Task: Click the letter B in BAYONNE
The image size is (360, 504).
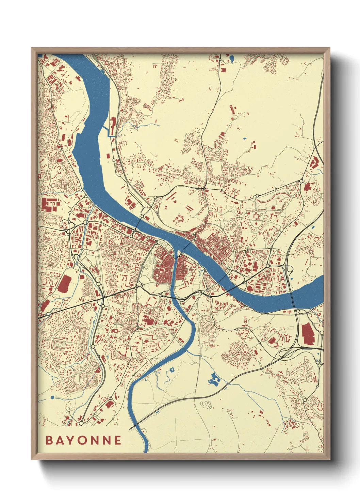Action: pyautogui.click(x=49, y=440)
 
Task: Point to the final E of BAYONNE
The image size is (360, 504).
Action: pyautogui.click(x=118, y=440)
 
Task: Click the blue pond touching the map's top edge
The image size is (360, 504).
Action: pyautogui.click(x=232, y=58)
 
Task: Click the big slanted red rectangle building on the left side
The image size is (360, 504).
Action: pyautogui.click(x=64, y=284)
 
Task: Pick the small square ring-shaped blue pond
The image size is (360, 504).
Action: pyautogui.click(x=172, y=369)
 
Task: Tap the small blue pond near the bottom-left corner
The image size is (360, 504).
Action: pyautogui.click(x=52, y=397)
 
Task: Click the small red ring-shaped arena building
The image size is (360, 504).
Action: pyautogui.click(x=180, y=218)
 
